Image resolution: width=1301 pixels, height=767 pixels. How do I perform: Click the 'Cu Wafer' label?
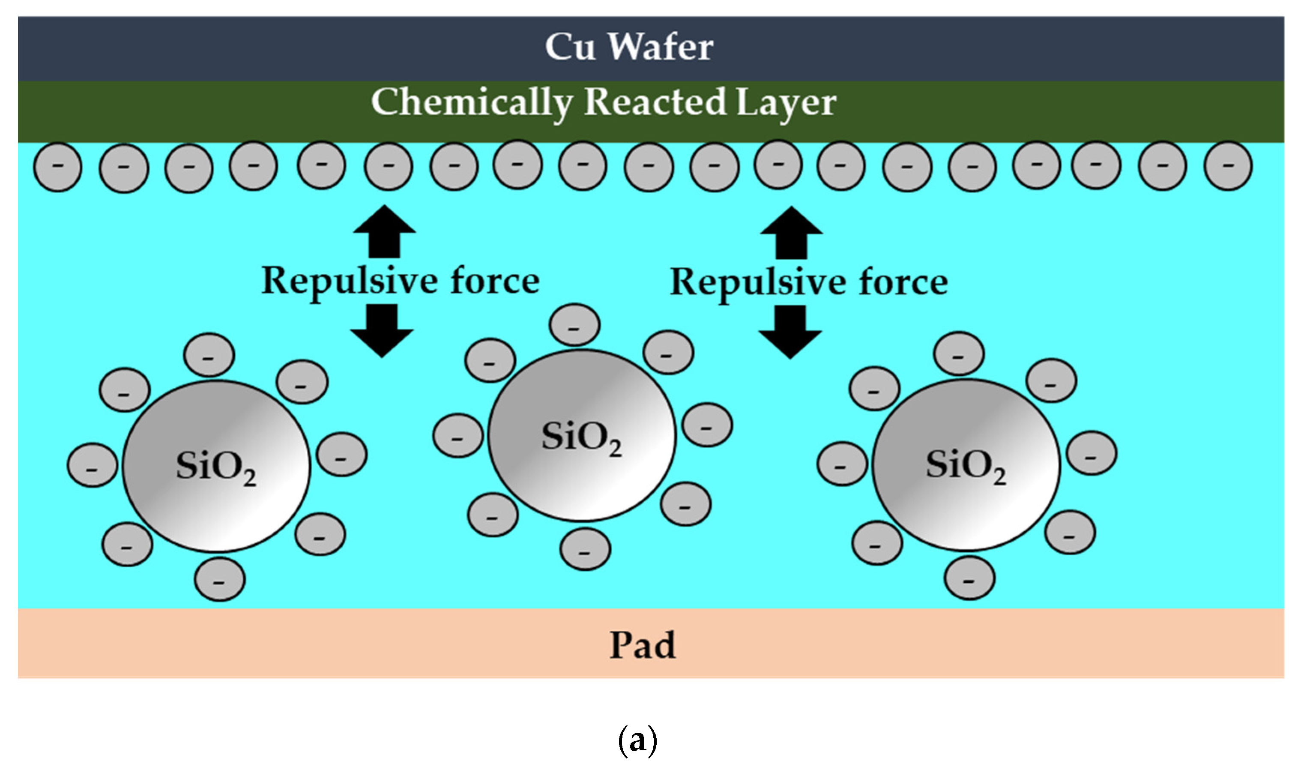pyautogui.click(x=629, y=47)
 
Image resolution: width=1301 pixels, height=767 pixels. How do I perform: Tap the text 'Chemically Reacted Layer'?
pyautogui.click(x=603, y=103)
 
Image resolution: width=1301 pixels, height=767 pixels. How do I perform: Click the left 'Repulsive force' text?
pyautogui.click(x=401, y=282)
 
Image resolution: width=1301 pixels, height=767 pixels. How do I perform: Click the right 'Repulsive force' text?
pyautogui.click(x=809, y=284)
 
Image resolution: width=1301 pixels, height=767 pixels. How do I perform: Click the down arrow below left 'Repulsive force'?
pyautogui.click(x=382, y=331)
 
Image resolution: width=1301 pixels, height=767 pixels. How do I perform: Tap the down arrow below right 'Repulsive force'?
pyautogui.click(x=790, y=332)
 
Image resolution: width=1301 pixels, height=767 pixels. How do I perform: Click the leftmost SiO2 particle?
pyautogui.click(x=216, y=466)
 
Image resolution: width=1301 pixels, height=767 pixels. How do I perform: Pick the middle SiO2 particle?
pyautogui.click(x=582, y=435)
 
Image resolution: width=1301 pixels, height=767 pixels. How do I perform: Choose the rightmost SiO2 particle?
pyautogui.click(x=966, y=464)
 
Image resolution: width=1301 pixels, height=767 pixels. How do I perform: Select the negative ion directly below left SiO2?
pyautogui.click(x=220, y=579)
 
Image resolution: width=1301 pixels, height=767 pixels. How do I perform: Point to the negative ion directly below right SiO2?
pyautogui.click(x=969, y=578)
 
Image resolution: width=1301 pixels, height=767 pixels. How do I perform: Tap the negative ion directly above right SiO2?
pyautogui.click(x=959, y=354)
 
